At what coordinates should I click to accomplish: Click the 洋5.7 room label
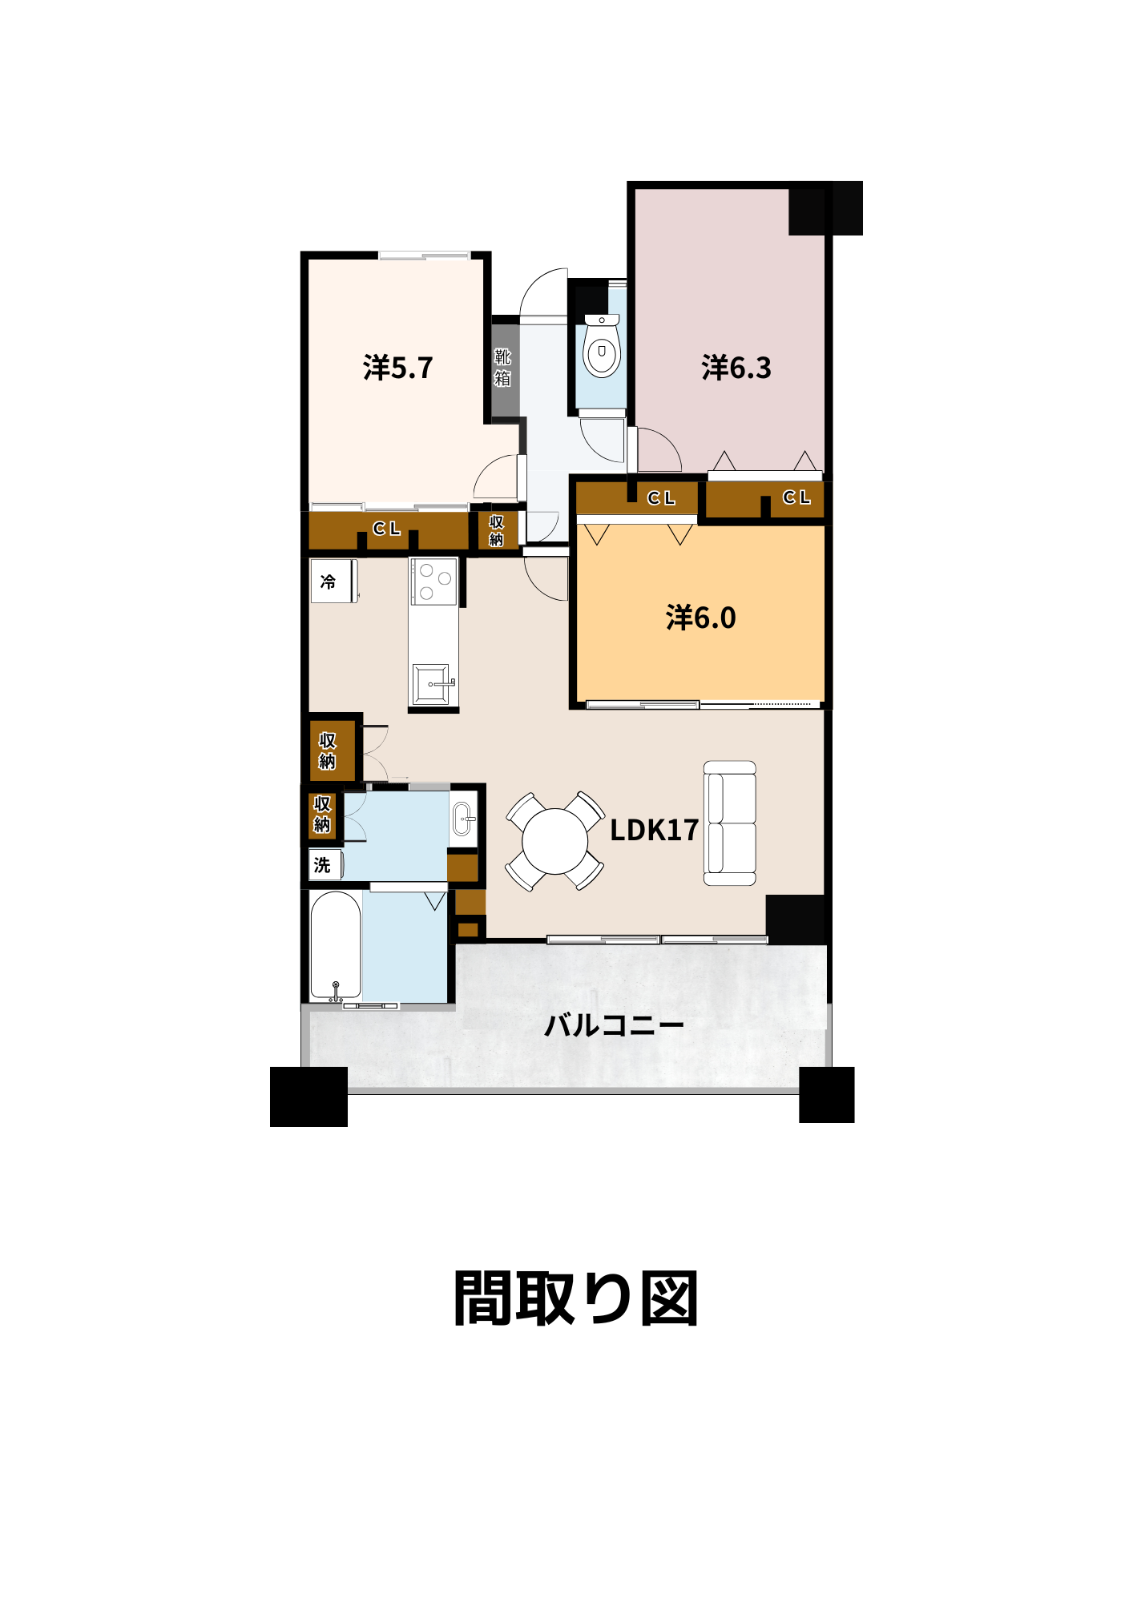397,368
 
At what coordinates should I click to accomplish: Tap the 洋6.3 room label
736,368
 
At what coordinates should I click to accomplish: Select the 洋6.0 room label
701,618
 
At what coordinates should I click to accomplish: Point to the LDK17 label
654,830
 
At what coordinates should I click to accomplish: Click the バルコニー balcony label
614,1025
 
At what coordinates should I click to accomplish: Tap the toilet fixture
602,346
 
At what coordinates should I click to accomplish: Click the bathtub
336,946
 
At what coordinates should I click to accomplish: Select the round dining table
554,841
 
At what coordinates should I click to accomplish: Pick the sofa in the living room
730,823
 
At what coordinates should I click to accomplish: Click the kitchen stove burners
434,582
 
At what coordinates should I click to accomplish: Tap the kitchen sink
432,684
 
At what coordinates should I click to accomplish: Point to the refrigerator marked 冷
333,581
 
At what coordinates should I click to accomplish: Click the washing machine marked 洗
325,865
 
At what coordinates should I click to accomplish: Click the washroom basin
464,819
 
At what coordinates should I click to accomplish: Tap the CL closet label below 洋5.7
386,529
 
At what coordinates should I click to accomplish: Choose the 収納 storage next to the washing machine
322,814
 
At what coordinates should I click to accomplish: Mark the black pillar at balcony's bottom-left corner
308,1097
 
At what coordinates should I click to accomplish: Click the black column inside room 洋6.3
825,208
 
